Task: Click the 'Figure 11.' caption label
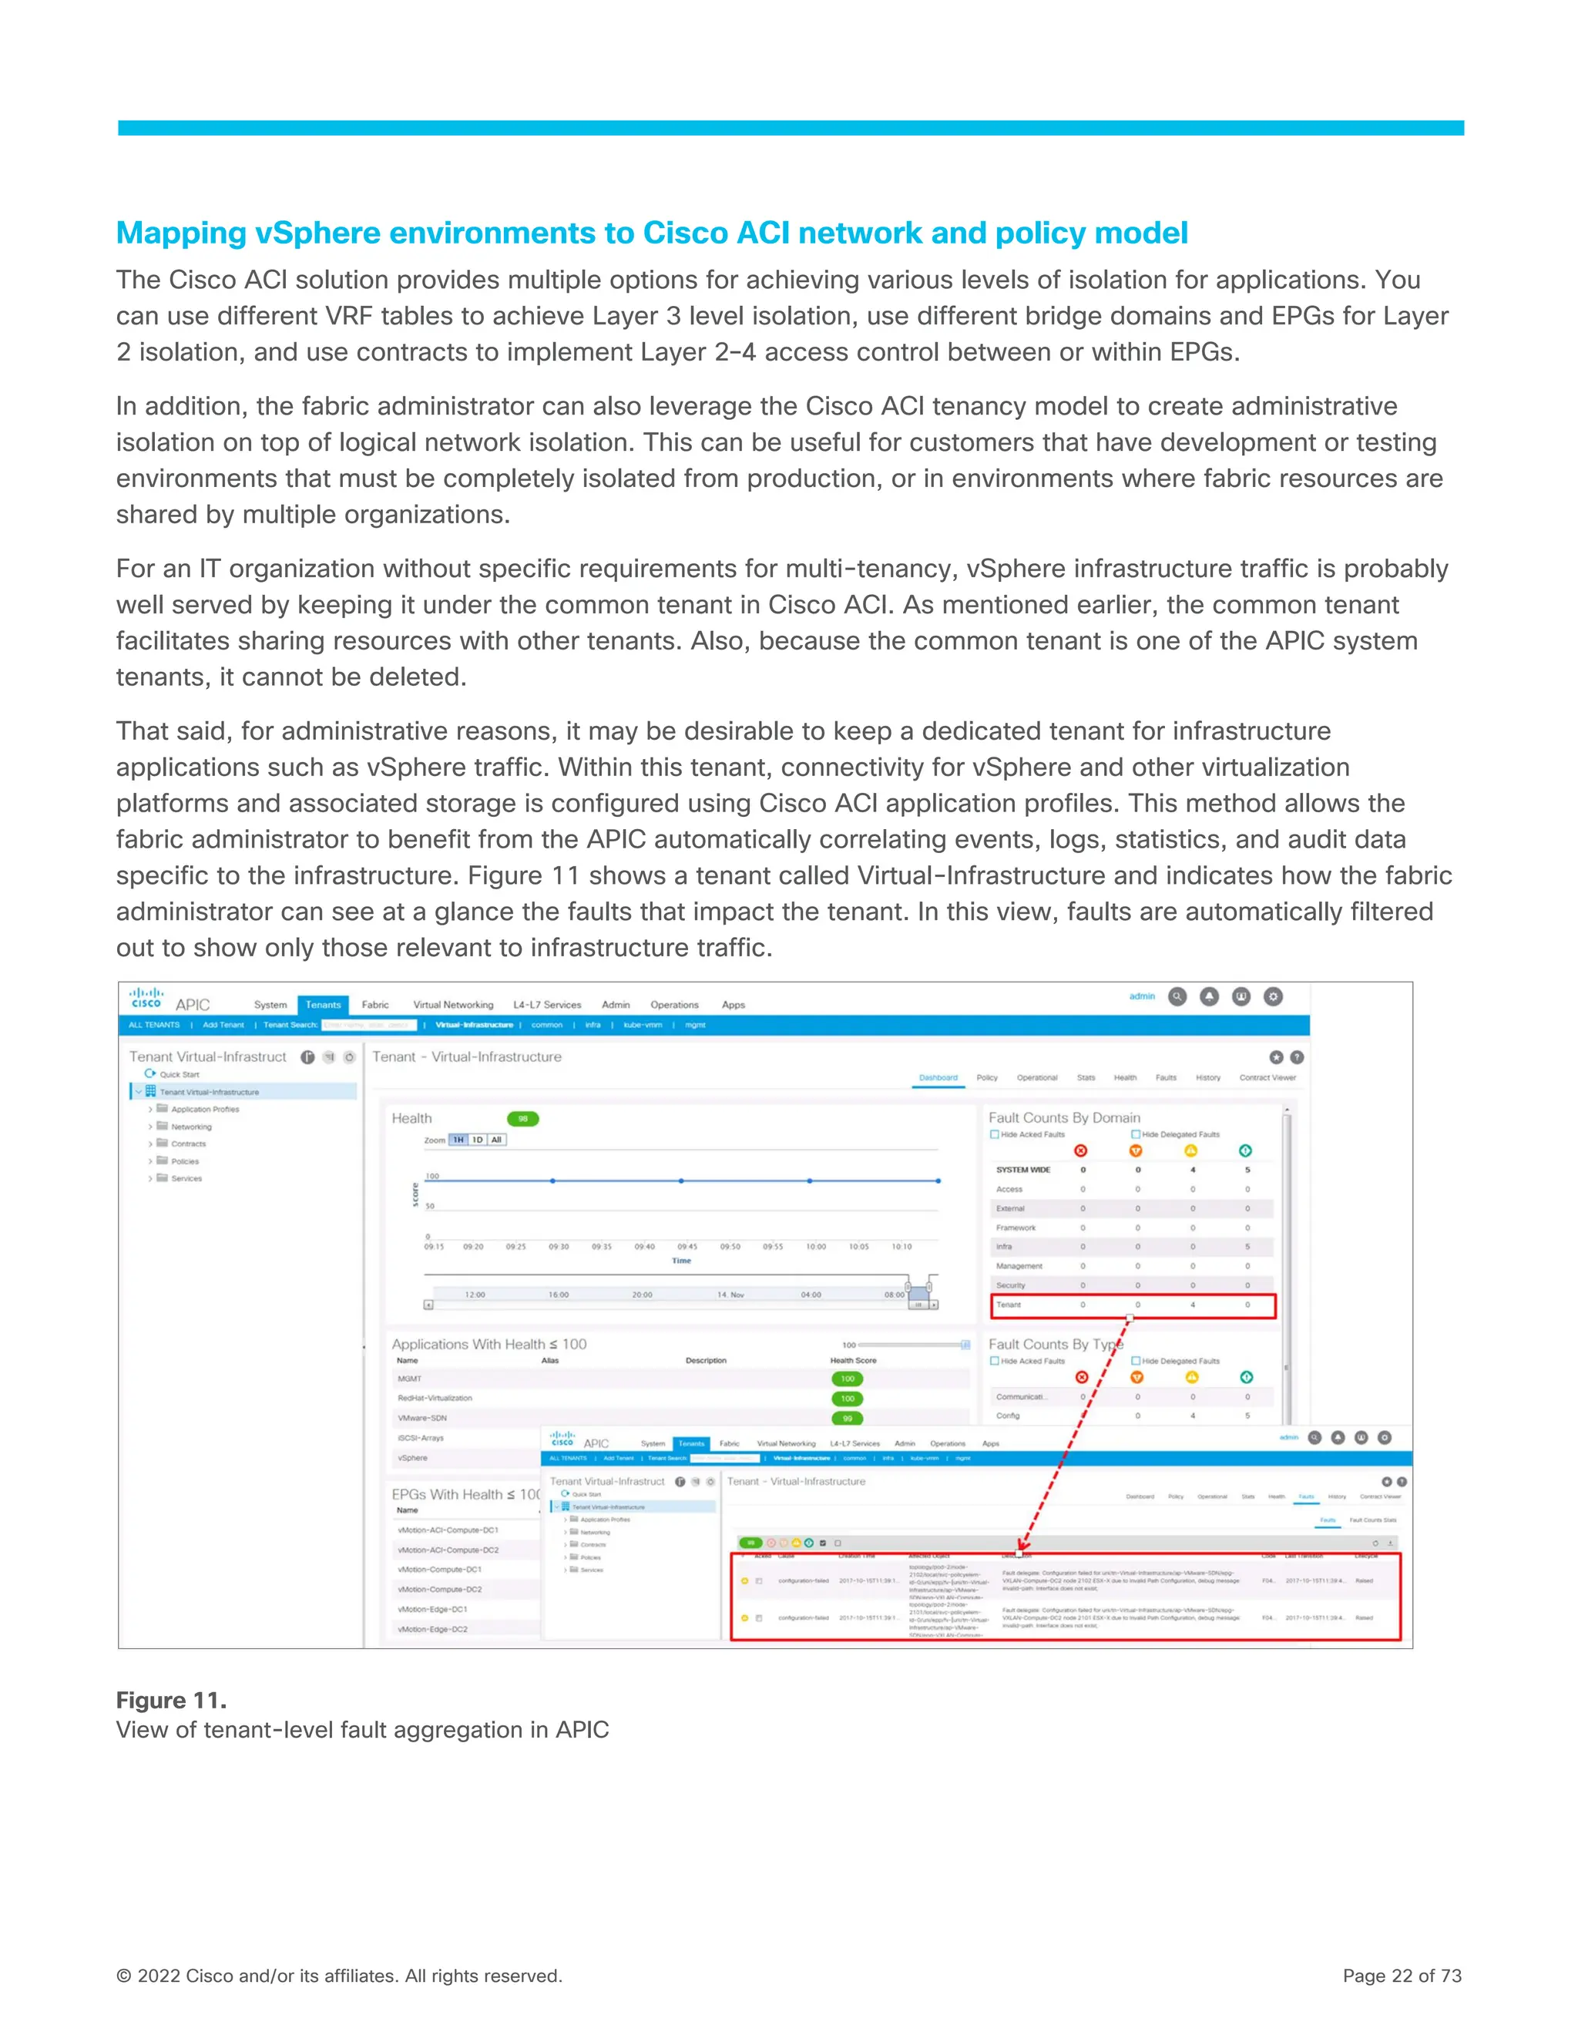pos(171,1700)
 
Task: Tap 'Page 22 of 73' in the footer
pos(1402,1976)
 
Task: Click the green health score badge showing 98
pos(522,1118)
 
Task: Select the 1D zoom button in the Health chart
pos(478,1140)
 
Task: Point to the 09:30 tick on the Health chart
pos(558,1246)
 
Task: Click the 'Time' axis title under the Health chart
pos(681,1261)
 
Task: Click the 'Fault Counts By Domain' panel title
pos(1064,1117)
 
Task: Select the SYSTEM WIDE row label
pos(1022,1170)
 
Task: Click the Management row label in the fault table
pos(1019,1266)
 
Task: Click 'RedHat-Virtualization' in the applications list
pos(435,1398)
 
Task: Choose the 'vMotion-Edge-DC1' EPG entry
pos(432,1609)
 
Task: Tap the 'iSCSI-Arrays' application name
pos(421,1438)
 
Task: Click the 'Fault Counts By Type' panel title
pos(1055,1344)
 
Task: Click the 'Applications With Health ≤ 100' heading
pos(489,1344)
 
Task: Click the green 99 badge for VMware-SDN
pos(847,1419)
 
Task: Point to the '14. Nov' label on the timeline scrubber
pos(730,1295)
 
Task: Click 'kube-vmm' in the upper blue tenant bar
pos(643,1025)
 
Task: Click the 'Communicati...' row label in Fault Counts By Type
pos(1021,1397)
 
